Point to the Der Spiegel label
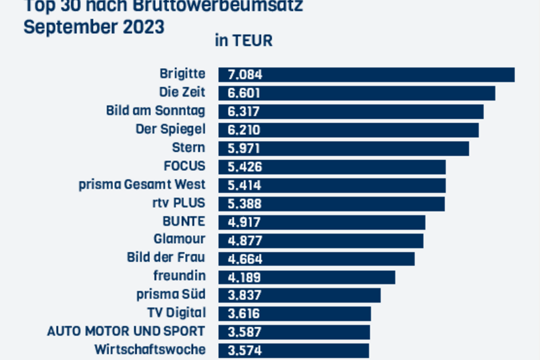170,129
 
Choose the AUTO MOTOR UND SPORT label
126,332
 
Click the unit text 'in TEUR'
244,41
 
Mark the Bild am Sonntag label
155,111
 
